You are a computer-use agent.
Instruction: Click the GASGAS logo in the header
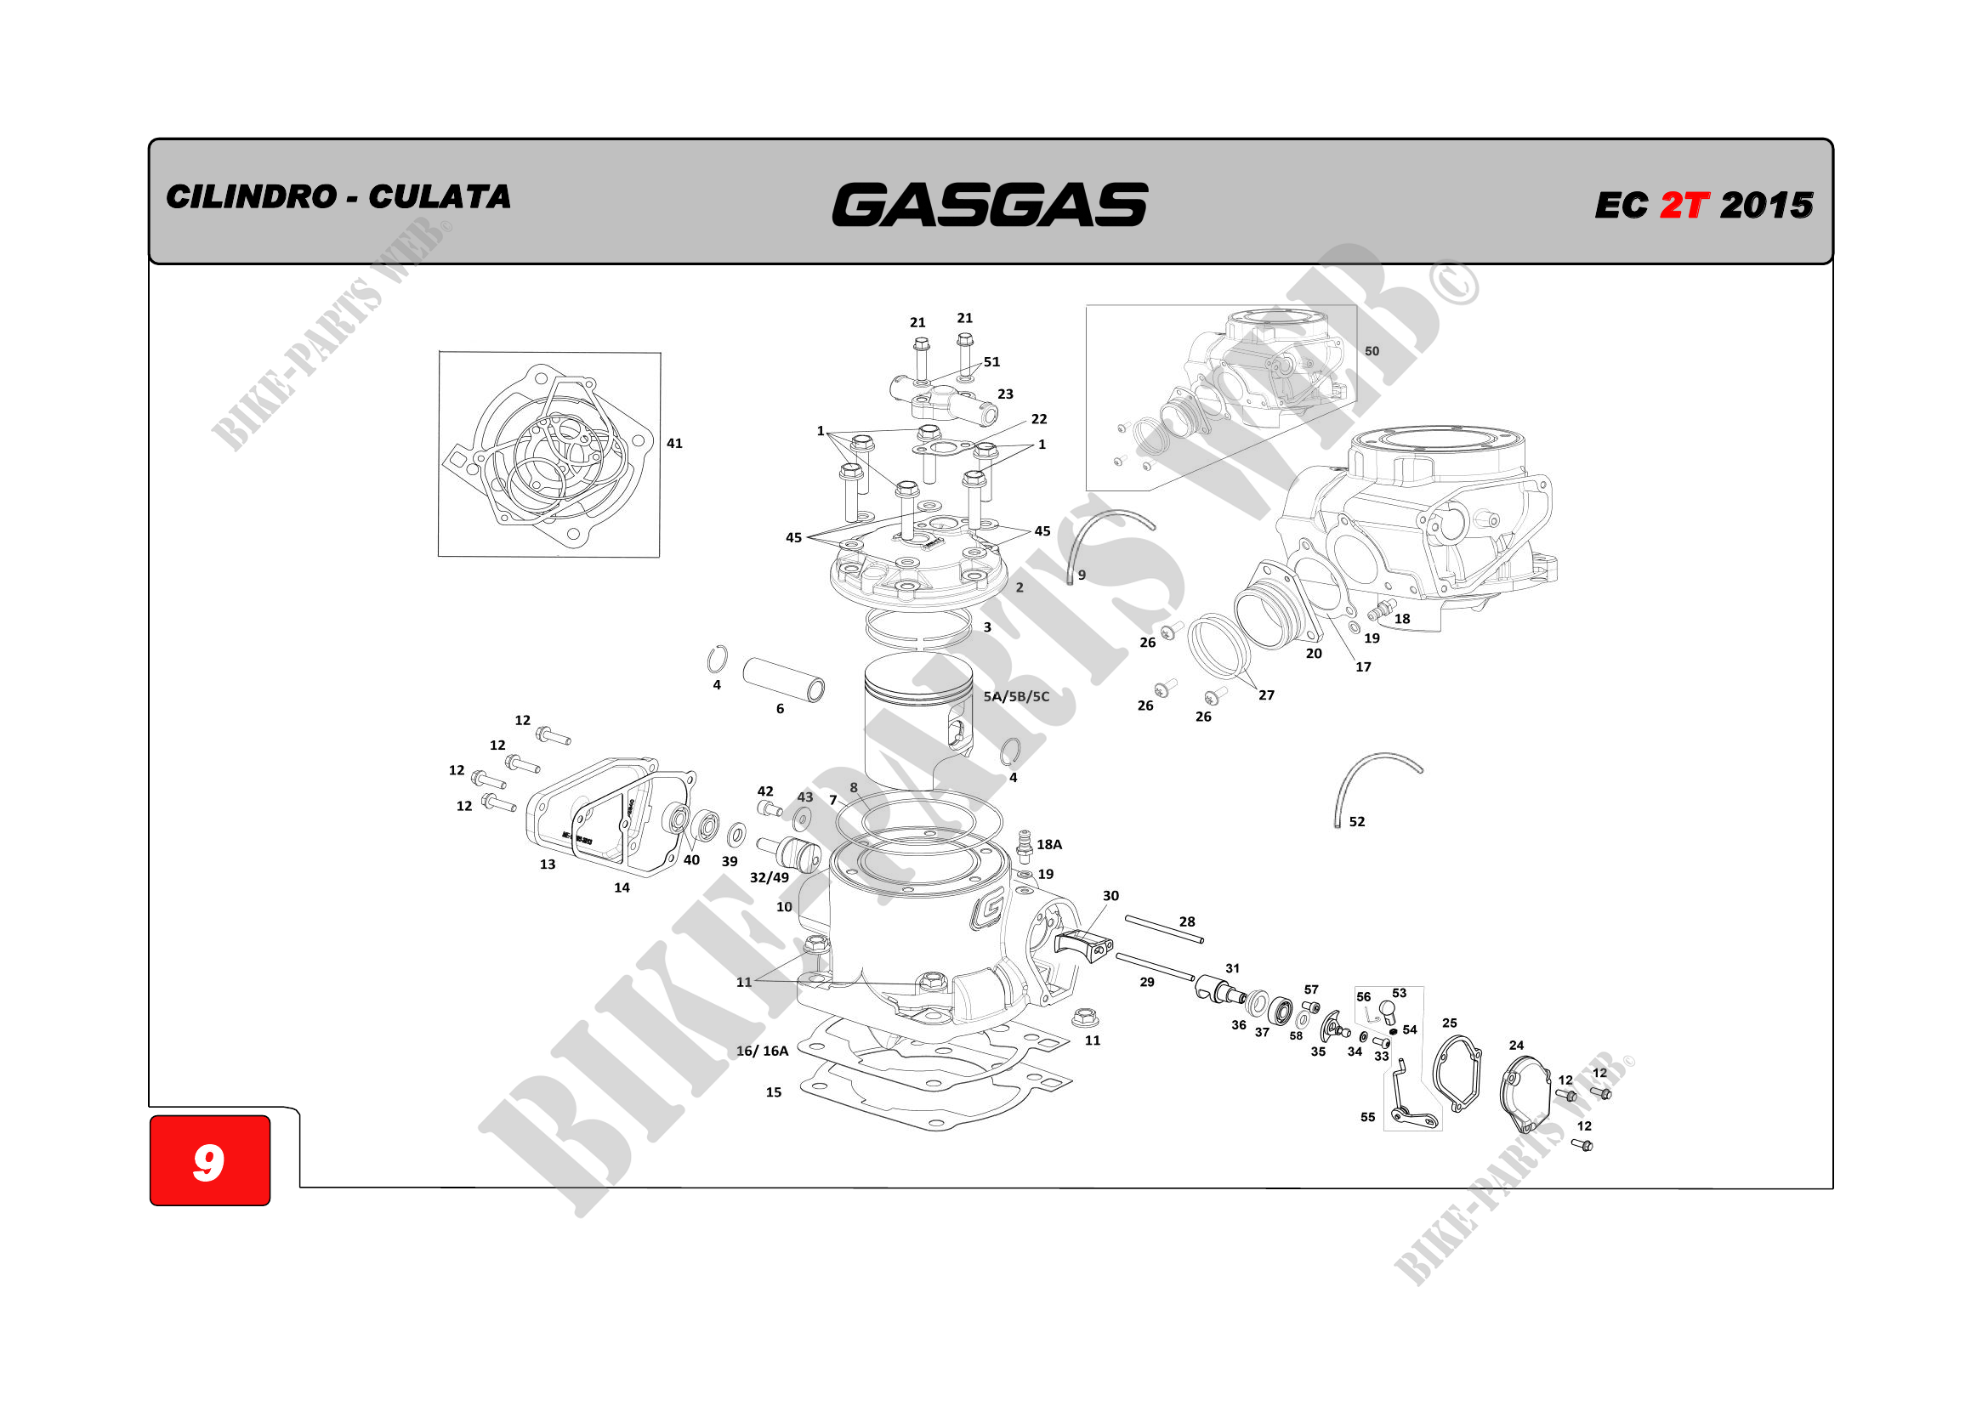[990, 204]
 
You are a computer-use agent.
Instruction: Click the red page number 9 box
[209, 1160]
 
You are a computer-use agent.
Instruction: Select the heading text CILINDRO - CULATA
[338, 196]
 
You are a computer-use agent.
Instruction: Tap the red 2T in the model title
[1684, 205]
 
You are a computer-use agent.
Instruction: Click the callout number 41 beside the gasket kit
[674, 443]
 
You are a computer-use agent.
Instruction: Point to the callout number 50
[1372, 350]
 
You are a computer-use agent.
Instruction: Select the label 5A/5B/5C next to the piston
[1015, 696]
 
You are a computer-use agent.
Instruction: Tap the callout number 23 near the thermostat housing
[1005, 394]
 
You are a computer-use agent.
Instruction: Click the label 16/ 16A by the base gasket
[762, 1051]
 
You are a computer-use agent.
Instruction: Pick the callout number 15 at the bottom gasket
[773, 1092]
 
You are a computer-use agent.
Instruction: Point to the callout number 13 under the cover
[548, 864]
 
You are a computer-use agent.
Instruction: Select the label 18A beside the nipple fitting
[1049, 844]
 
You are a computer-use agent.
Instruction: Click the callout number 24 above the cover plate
[1516, 1045]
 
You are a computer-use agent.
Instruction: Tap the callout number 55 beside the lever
[1367, 1117]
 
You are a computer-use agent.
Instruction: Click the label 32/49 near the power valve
[769, 877]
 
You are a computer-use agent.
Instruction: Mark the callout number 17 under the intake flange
[1363, 666]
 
